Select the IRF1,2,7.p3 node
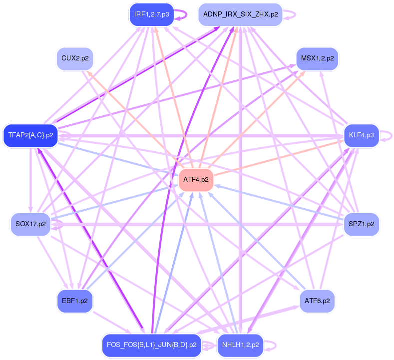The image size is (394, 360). [x=151, y=14]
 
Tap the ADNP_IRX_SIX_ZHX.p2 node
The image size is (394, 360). [x=240, y=14]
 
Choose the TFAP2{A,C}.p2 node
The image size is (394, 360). [x=30, y=135]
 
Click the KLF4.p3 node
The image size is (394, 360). [x=361, y=135]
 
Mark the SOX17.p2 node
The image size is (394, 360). [x=30, y=224]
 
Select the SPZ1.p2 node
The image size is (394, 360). [x=361, y=224]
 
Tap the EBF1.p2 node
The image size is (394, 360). [x=75, y=302]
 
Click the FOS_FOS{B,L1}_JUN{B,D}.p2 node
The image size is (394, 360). [x=151, y=345]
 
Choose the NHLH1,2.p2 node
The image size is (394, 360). [x=240, y=345]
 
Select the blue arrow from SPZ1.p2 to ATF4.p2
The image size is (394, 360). [x=280, y=203]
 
